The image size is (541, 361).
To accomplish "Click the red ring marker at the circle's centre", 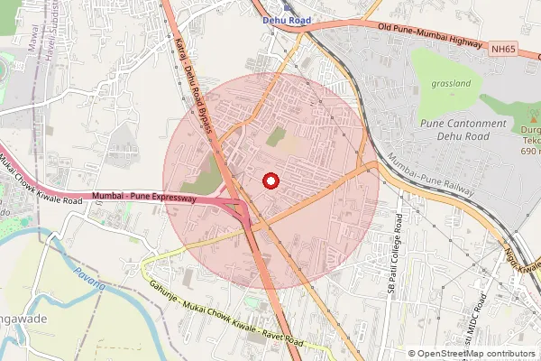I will [270, 180].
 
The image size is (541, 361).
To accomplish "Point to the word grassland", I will [452, 84].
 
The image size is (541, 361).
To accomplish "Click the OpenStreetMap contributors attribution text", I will [475, 354].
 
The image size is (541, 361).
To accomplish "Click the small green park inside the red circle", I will [276, 136].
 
